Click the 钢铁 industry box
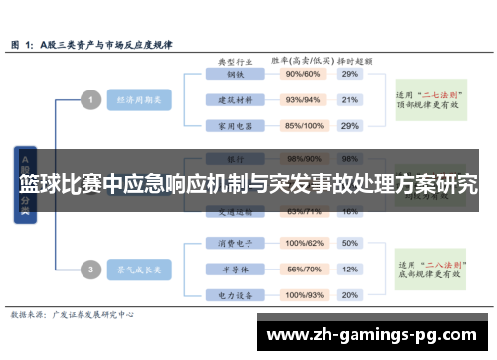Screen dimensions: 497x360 (x=236, y=74)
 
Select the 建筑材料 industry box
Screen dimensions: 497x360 (x=236, y=99)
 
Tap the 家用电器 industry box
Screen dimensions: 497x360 (x=236, y=126)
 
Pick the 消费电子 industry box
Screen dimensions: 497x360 (x=236, y=243)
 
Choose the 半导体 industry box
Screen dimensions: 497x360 (x=236, y=270)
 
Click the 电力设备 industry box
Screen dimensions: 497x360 (x=236, y=295)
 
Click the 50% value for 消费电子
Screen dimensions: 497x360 (x=349, y=243)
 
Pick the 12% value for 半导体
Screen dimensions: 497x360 (x=349, y=270)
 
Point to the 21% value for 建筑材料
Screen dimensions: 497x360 (x=349, y=99)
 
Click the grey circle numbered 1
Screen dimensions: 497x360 (x=89, y=99)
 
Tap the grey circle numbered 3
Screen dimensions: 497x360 (x=89, y=269)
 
